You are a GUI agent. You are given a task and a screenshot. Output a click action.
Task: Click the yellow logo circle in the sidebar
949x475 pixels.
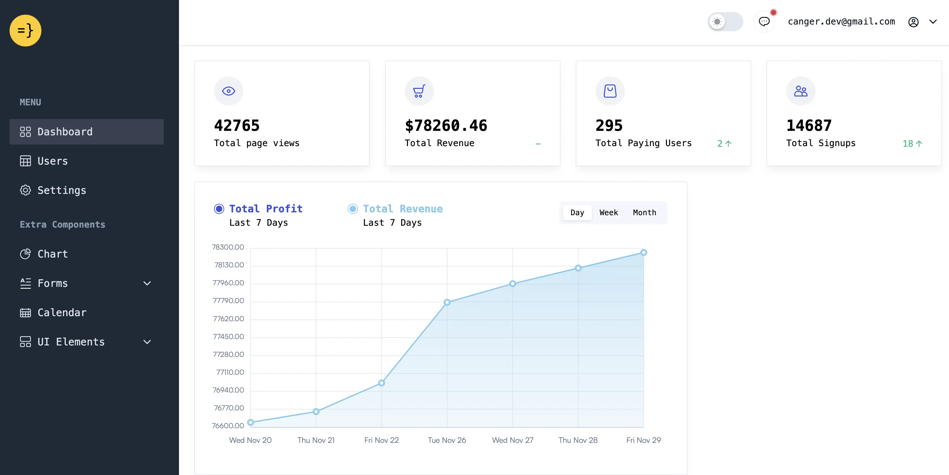25,31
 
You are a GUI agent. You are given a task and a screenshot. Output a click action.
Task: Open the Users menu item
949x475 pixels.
53,161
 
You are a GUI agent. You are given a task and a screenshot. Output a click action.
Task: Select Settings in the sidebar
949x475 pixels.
61,190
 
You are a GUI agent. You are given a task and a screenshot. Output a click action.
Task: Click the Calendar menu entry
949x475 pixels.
62,313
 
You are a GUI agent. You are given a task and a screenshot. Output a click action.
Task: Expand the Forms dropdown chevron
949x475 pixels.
147,283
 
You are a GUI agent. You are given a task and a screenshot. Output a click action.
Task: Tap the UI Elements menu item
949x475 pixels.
71,342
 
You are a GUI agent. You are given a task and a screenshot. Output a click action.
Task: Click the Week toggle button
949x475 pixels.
608,212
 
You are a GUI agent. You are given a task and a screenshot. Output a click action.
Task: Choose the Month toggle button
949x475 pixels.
644,212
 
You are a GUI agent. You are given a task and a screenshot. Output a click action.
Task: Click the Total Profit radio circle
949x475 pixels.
219,209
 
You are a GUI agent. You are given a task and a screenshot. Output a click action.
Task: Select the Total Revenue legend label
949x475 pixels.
402,209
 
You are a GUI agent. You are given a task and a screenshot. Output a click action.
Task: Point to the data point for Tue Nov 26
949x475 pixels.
447,302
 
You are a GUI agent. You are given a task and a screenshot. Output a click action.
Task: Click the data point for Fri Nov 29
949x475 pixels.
643,252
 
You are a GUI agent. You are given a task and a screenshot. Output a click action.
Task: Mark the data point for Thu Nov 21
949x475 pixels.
316,412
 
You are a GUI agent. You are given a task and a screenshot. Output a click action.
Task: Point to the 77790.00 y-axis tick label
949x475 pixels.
228,301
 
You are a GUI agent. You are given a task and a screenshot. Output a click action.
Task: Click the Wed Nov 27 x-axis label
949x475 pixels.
512,440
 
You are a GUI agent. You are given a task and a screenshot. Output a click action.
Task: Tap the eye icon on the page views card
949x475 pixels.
228,91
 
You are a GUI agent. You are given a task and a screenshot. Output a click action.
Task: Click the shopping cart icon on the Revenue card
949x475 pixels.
419,91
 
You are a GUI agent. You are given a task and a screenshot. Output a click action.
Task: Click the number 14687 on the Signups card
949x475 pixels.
809,125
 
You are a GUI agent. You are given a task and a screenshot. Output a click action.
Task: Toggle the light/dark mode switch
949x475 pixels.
725,22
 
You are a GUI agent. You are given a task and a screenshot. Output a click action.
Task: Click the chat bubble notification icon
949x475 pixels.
764,22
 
